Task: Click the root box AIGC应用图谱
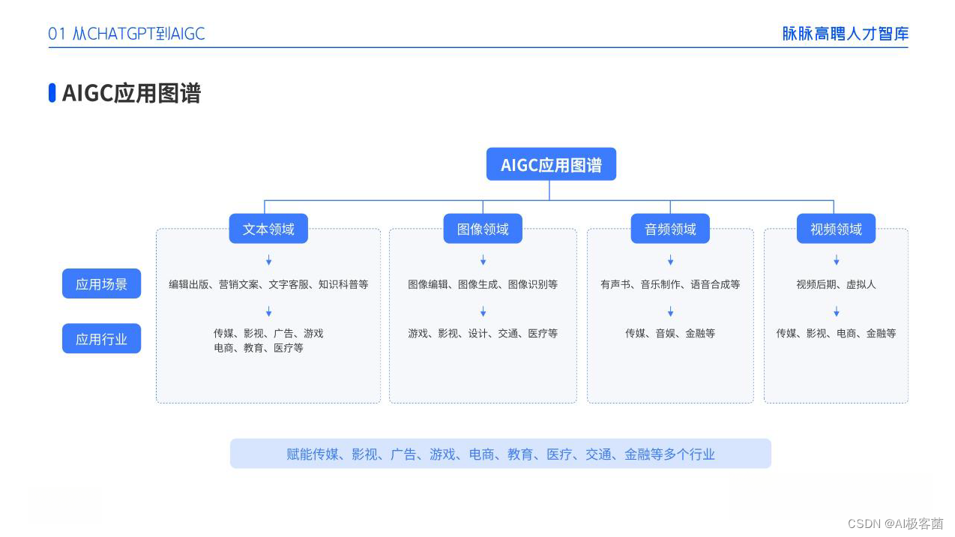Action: point(551,164)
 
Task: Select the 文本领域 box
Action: point(268,229)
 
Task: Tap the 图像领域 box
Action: point(483,229)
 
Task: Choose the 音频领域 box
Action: point(670,229)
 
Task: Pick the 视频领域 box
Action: point(836,229)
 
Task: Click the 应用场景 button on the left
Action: point(101,283)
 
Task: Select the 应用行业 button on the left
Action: point(101,339)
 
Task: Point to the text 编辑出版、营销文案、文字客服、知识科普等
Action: point(268,284)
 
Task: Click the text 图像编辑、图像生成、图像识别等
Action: point(483,284)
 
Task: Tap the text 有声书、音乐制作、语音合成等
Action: point(670,284)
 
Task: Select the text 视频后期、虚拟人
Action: point(836,284)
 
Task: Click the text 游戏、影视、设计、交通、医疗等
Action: point(483,334)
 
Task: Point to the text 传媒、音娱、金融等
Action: point(670,334)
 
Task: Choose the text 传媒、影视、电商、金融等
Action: point(836,334)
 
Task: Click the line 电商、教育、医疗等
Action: point(259,348)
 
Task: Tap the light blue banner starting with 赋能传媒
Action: point(501,454)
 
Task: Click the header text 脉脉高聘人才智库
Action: point(846,34)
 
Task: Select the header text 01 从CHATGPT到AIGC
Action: point(127,34)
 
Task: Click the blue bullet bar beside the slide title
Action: point(52,93)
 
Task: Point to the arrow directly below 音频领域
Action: point(671,260)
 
